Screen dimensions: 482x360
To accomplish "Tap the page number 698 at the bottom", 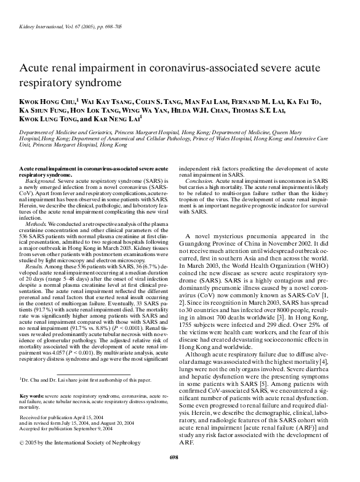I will [180, 474].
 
